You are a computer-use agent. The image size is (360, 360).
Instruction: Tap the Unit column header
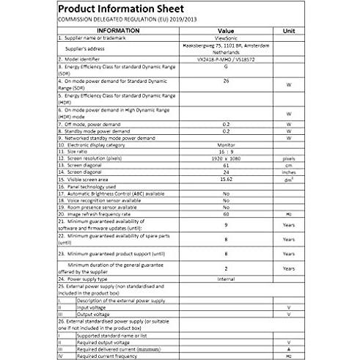pos(288,31)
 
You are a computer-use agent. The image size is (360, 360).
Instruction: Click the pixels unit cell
pos(288,159)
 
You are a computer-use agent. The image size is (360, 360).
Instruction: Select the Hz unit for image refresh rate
pos(288,213)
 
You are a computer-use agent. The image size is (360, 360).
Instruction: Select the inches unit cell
pos(288,173)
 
